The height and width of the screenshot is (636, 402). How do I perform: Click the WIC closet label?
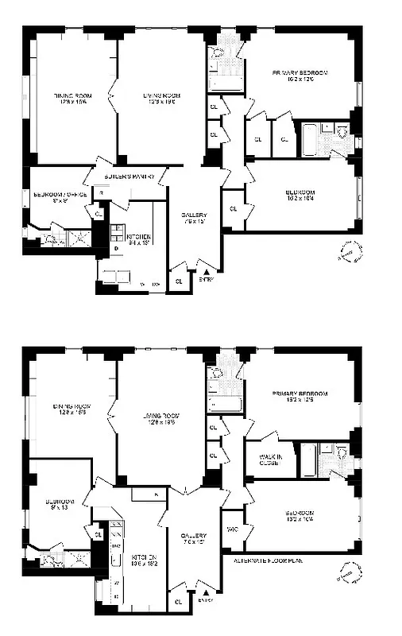[233, 529]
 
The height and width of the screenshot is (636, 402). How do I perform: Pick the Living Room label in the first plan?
[162, 99]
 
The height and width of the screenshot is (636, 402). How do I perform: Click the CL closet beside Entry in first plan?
[180, 281]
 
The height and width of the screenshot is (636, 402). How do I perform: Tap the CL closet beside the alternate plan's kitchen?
[98, 534]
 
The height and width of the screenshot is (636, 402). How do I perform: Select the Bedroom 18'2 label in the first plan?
[301, 195]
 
